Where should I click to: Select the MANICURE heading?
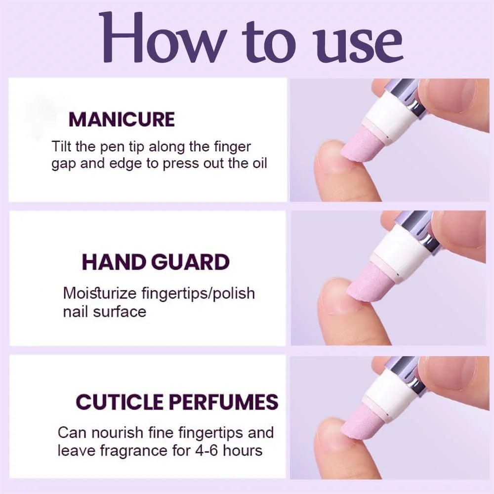[122, 120]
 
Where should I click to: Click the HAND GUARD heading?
[156, 262]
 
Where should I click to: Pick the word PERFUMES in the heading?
[223, 402]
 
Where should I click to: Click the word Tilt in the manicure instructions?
[62, 147]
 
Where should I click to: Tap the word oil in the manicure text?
[259, 163]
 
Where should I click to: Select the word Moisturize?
[100, 293]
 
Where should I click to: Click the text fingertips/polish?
[198, 293]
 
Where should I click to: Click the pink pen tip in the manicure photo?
[362, 145]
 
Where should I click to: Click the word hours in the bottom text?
[243, 451]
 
